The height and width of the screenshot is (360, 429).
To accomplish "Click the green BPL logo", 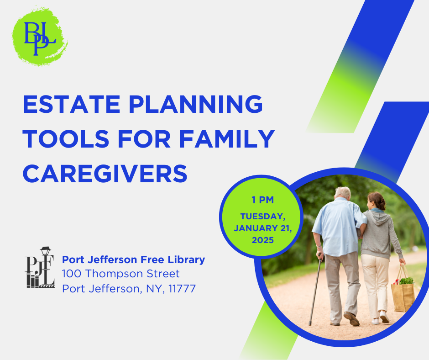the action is pyautogui.click(x=40, y=37).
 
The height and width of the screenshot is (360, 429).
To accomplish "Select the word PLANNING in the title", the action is pyautogui.click(x=196, y=104).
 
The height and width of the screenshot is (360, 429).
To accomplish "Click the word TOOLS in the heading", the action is pyautogui.click(x=66, y=139).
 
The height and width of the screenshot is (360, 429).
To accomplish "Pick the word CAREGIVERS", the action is pyautogui.click(x=105, y=174).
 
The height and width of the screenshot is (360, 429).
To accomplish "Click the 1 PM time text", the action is pyautogui.click(x=263, y=200).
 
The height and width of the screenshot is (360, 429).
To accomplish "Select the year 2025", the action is pyautogui.click(x=263, y=240).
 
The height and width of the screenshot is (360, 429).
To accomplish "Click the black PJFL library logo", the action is pyautogui.click(x=40, y=267).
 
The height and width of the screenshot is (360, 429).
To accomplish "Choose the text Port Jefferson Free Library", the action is pyautogui.click(x=134, y=259).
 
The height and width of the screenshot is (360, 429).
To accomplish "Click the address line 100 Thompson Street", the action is pyautogui.click(x=121, y=274).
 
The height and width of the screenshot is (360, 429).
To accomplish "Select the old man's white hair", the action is pyautogui.click(x=343, y=192).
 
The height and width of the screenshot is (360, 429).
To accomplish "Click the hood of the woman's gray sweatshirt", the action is pyautogui.click(x=381, y=217).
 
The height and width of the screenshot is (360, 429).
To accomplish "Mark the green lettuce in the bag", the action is pyautogui.click(x=406, y=281).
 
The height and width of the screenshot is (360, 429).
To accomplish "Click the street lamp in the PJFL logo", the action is pyautogui.click(x=46, y=251).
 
